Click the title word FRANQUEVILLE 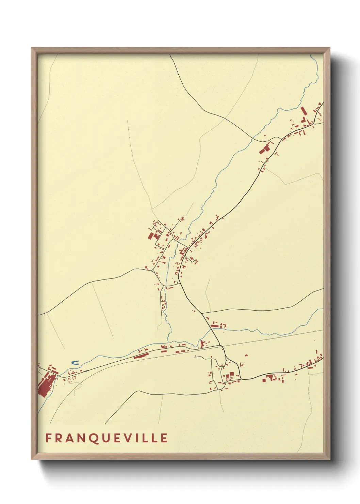click(107, 438)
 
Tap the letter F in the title click(48, 438)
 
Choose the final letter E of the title click(164, 438)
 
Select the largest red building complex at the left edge click(45, 385)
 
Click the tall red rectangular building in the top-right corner click(303, 112)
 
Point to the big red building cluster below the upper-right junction click(264, 149)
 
